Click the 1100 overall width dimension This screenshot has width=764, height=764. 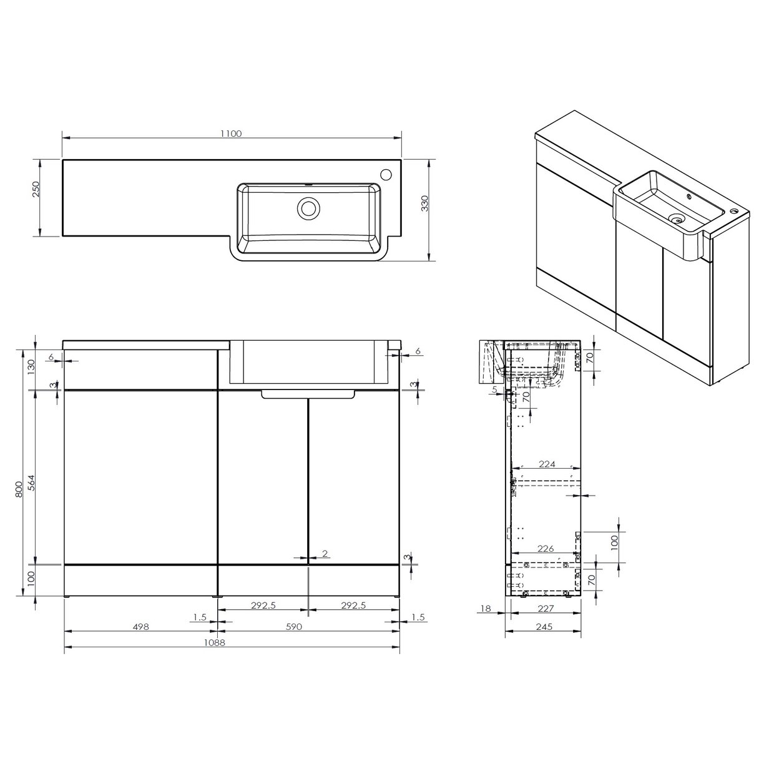[x=230, y=133]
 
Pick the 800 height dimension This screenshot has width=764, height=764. [x=19, y=487]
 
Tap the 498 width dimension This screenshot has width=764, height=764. [x=140, y=627]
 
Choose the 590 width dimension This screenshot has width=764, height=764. [x=294, y=627]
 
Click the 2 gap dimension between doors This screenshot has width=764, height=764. [x=325, y=554]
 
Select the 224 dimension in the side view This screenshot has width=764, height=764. [x=546, y=464]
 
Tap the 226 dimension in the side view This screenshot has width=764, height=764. [x=546, y=549]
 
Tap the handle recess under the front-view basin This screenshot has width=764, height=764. [x=308, y=394]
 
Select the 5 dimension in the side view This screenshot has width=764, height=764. [x=494, y=389]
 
